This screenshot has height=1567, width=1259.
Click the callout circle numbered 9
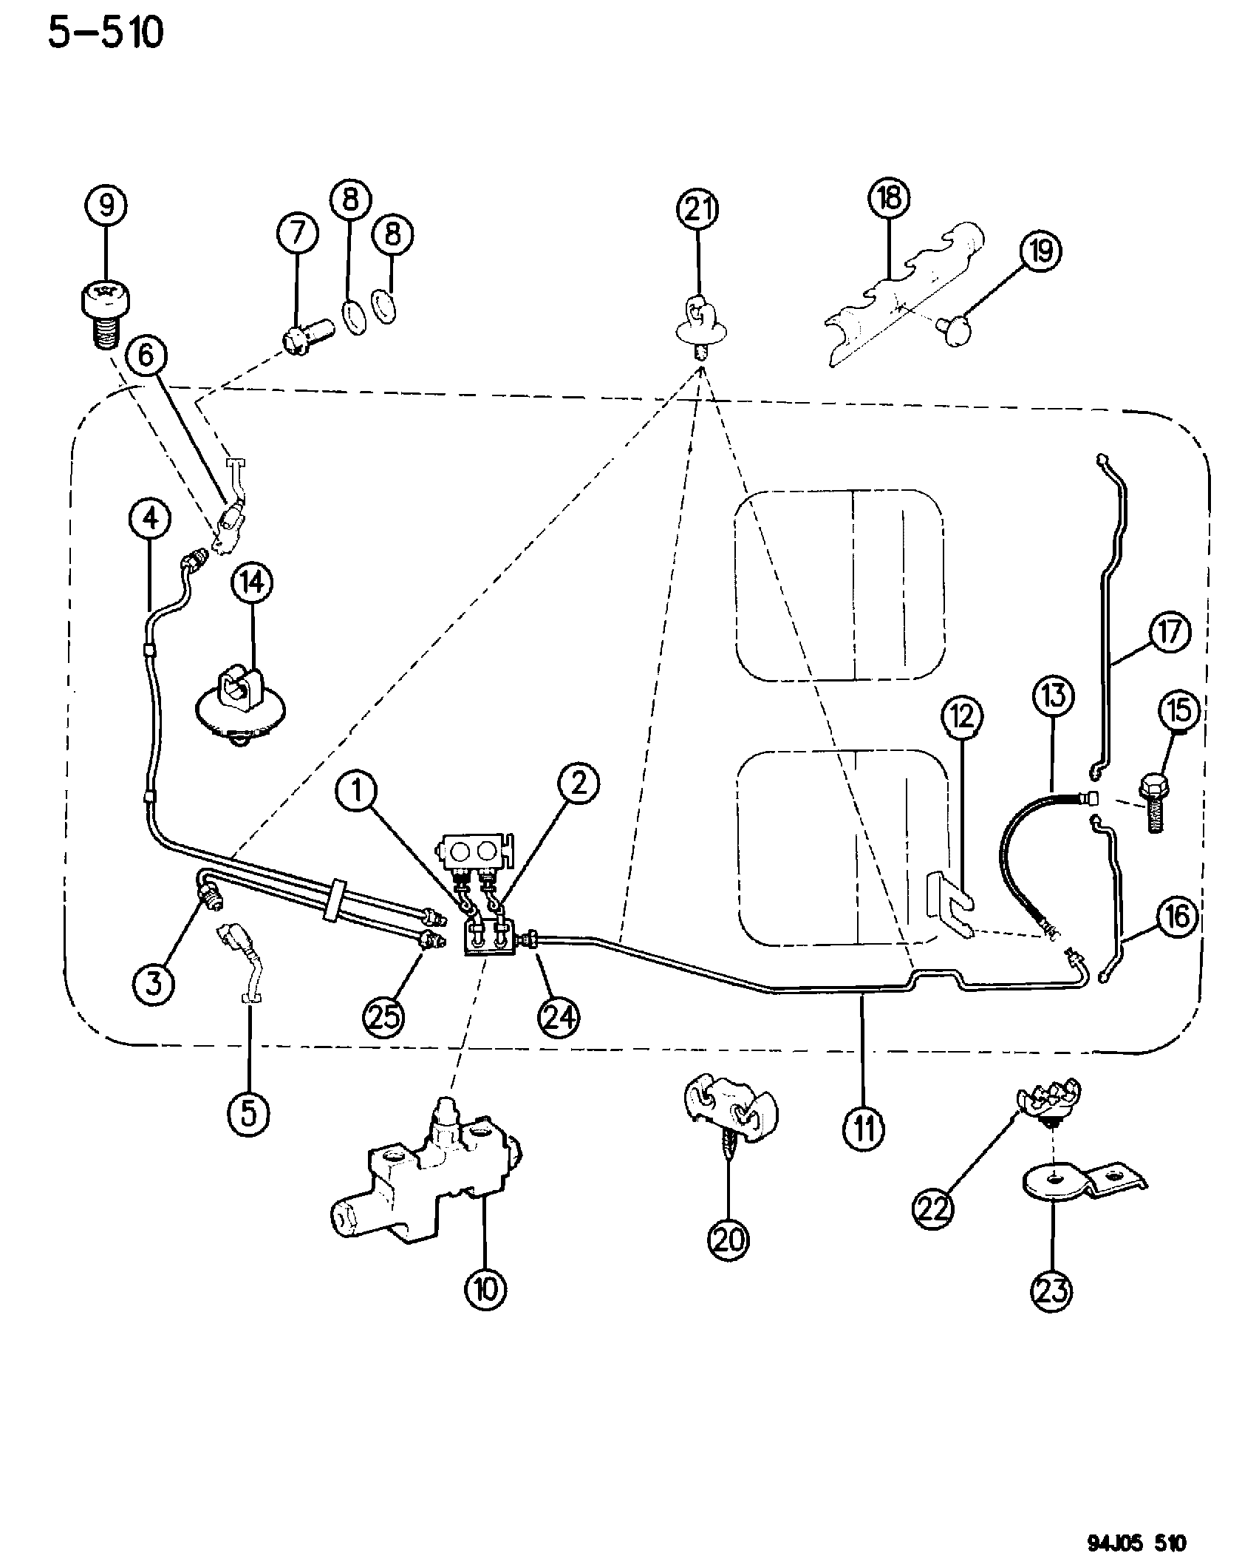[107, 206]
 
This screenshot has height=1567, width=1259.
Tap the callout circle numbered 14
[251, 584]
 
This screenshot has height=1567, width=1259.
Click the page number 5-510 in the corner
[105, 33]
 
